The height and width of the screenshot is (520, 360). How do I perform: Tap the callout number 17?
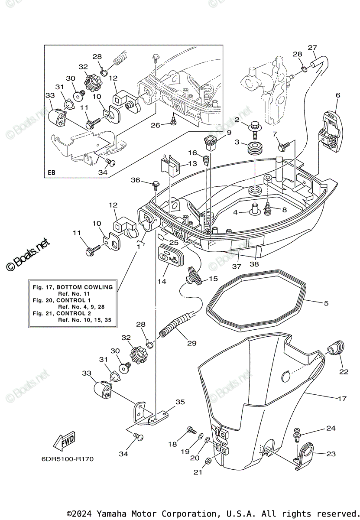[342, 399]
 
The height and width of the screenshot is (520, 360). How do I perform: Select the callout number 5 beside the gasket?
[326, 303]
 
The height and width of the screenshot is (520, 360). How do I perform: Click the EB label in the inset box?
[52, 173]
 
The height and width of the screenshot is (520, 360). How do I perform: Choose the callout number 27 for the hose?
[312, 48]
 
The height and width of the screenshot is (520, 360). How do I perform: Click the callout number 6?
[338, 95]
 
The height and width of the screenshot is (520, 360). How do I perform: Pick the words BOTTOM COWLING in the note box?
[85, 287]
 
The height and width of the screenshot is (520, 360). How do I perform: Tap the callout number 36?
[135, 180]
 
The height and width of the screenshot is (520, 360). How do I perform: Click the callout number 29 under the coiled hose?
[192, 343]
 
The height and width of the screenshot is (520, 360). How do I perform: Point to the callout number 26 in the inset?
[155, 125]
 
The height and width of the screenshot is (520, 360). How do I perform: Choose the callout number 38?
[254, 264]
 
